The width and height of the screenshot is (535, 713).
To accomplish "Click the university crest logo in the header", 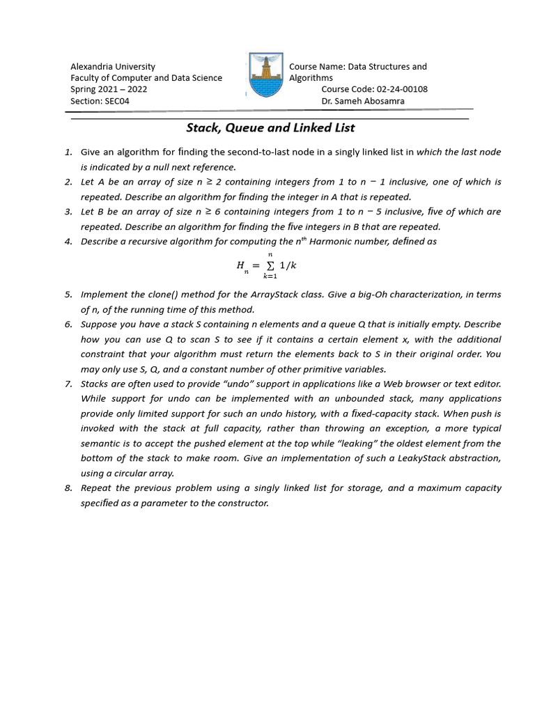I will click(265, 75).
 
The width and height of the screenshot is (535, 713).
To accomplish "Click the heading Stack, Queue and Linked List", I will click(270, 127).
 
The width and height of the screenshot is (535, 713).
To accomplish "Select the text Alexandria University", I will click(113, 67).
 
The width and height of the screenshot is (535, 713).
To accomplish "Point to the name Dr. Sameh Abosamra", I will click(362, 101).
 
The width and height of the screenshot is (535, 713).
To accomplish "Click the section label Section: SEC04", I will click(100, 101).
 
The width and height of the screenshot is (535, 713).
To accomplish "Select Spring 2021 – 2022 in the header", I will click(109, 89).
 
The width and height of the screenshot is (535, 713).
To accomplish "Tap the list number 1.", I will click(68, 152).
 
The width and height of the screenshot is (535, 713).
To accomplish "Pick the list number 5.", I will click(68, 295).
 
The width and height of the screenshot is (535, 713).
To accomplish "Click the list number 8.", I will click(68, 488).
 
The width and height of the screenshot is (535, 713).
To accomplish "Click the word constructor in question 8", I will click(243, 503).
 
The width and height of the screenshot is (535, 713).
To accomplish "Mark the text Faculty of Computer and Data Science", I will click(146, 78).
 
